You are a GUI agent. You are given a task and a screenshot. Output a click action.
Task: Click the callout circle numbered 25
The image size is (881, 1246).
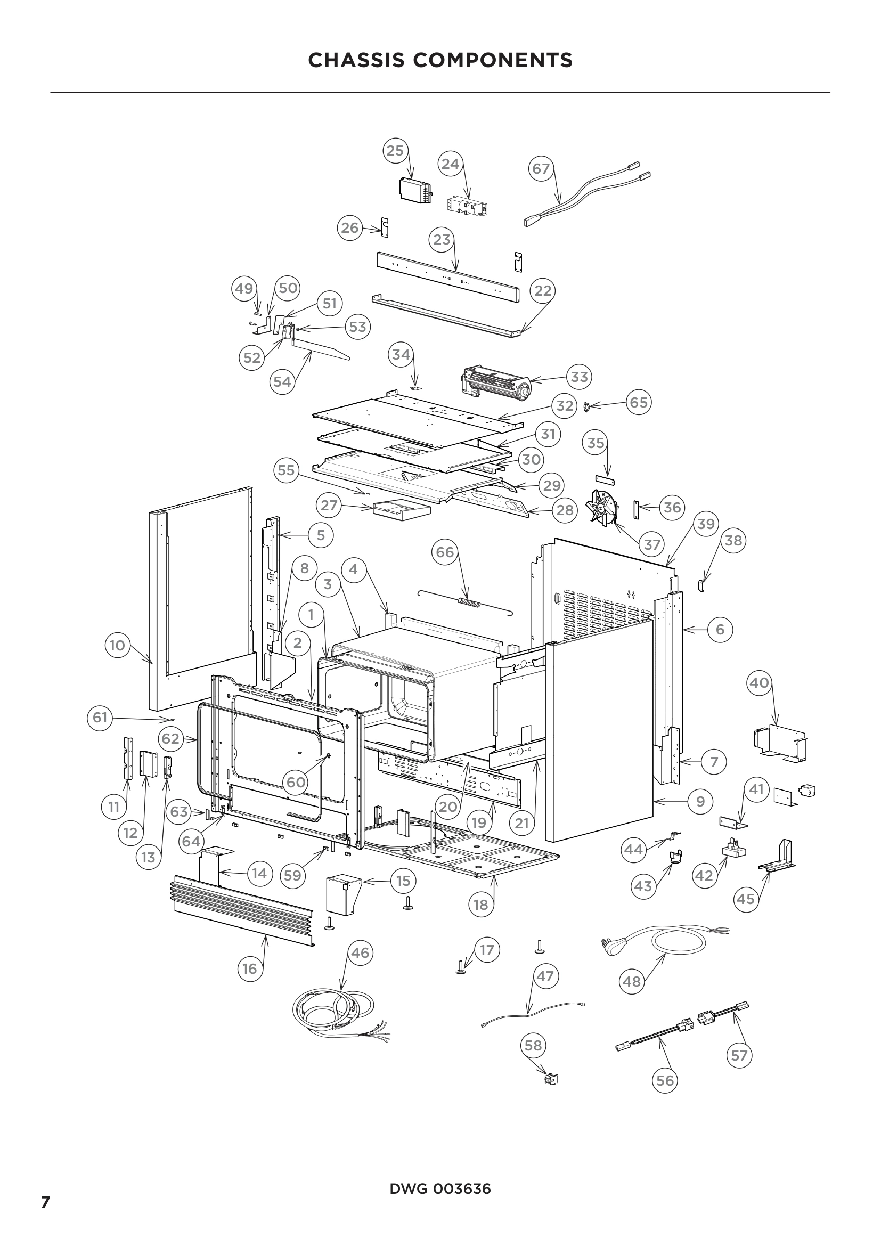[x=395, y=150]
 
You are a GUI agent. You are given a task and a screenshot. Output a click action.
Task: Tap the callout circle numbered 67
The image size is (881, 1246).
[x=541, y=169]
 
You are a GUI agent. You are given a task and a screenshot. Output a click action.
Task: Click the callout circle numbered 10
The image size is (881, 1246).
[x=117, y=645]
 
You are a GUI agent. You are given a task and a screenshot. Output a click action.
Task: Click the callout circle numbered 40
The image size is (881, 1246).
[x=760, y=682]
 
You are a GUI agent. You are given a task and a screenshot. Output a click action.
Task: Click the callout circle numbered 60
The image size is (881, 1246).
[x=296, y=782]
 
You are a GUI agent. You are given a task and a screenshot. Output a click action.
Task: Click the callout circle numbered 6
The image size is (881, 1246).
[x=720, y=630]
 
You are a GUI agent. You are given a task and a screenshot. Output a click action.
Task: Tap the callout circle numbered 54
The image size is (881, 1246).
[x=282, y=381]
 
